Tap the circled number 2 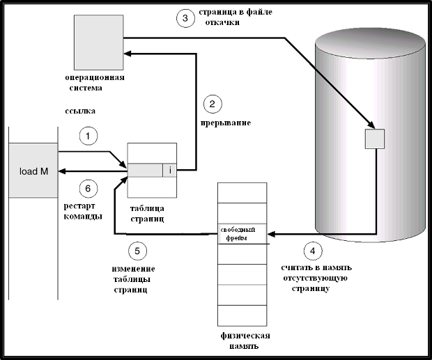[213, 104]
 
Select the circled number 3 [185, 19]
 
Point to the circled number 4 [313, 251]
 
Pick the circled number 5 [138, 251]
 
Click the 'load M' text [29, 171]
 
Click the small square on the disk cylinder [375, 139]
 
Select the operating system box [98, 39]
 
